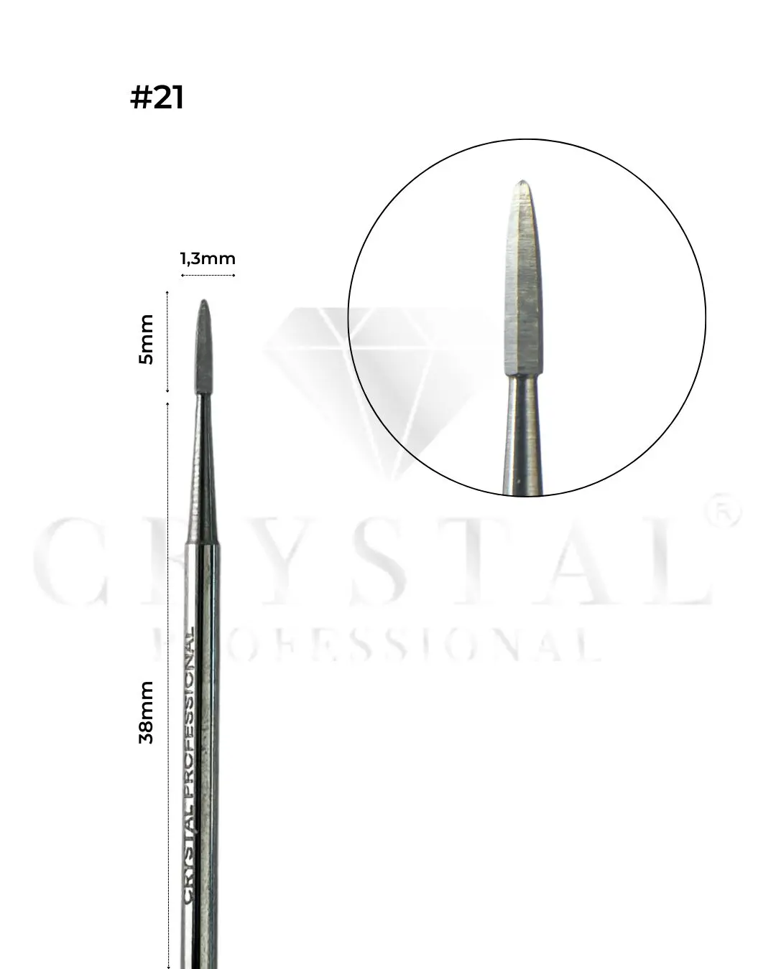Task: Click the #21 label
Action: (x=157, y=98)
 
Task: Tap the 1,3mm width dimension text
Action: (x=208, y=258)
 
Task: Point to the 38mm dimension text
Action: (x=147, y=712)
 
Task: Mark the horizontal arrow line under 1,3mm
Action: (x=208, y=275)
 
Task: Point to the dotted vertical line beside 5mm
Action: (x=167, y=342)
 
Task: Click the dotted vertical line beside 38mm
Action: (x=167, y=682)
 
